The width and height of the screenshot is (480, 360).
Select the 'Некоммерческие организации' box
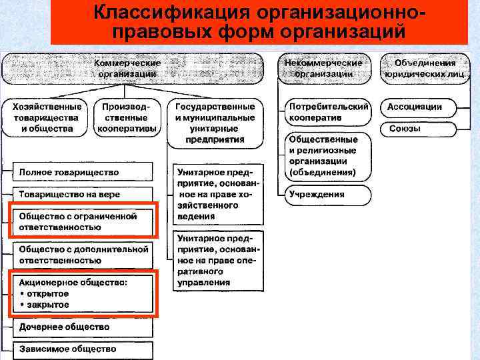click(323, 68)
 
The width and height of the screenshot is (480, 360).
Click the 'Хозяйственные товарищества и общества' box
click(47, 117)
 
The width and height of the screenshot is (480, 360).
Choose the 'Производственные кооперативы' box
click(127, 117)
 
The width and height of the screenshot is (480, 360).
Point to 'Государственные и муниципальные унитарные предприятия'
click(215, 123)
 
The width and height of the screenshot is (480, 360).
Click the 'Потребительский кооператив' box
click(328, 112)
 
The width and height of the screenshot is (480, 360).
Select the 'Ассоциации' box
click(419, 107)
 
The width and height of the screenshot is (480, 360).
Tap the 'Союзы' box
click(419, 128)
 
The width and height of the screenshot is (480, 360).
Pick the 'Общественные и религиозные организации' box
click(328, 155)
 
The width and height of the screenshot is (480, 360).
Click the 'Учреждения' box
click(328, 195)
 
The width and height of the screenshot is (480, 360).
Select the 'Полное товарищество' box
click(81, 172)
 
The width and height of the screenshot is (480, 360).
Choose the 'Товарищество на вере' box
click(81, 195)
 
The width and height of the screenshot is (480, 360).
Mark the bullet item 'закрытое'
click(47, 305)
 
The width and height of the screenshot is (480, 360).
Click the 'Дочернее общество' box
click(81, 327)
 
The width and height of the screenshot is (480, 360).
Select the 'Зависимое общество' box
click(81, 349)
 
